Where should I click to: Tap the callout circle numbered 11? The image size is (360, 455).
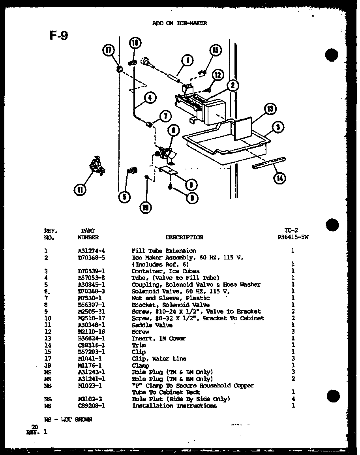(x=80, y=190)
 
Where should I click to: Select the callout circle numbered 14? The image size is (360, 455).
(x=279, y=178)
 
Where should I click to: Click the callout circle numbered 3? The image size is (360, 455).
(x=279, y=127)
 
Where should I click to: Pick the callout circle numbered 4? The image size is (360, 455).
(x=150, y=98)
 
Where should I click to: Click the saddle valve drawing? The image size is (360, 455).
(x=96, y=165)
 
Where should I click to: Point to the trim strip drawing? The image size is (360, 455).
(x=268, y=162)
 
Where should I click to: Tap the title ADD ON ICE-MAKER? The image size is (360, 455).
(x=180, y=23)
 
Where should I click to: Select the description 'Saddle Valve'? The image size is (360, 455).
(x=152, y=325)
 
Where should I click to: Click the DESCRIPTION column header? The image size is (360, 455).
(x=184, y=237)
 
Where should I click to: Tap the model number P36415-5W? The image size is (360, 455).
(x=292, y=237)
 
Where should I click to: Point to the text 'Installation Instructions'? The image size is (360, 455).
(x=174, y=406)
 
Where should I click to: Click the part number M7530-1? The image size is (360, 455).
(x=88, y=298)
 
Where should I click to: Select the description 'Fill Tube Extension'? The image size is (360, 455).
(x=163, y=250)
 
